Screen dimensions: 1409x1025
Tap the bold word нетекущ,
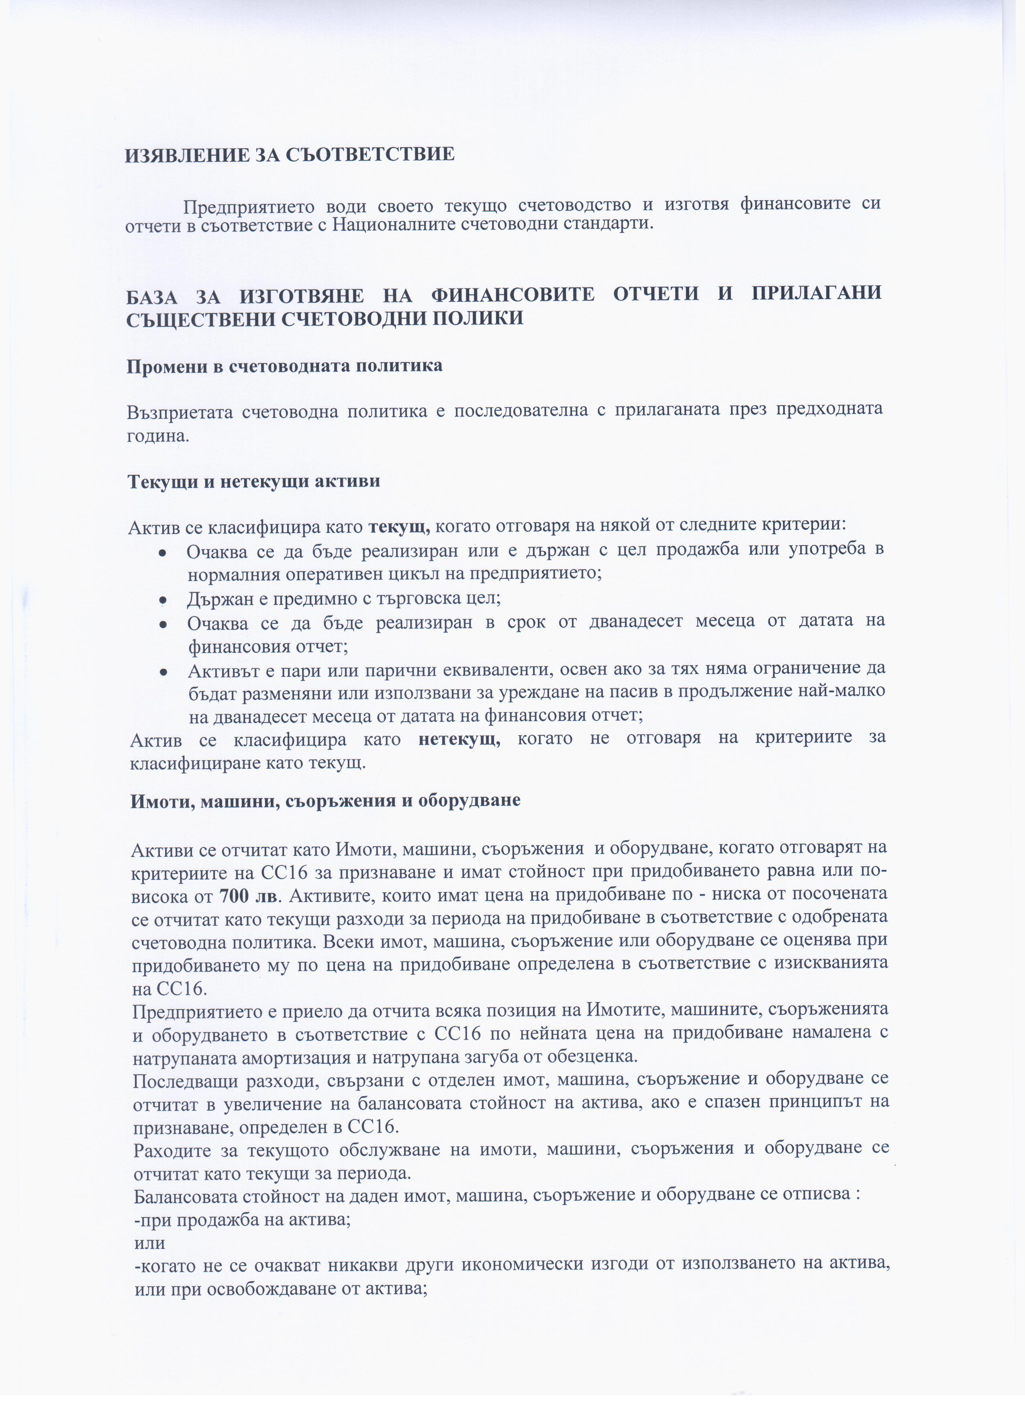pos(459,739)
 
